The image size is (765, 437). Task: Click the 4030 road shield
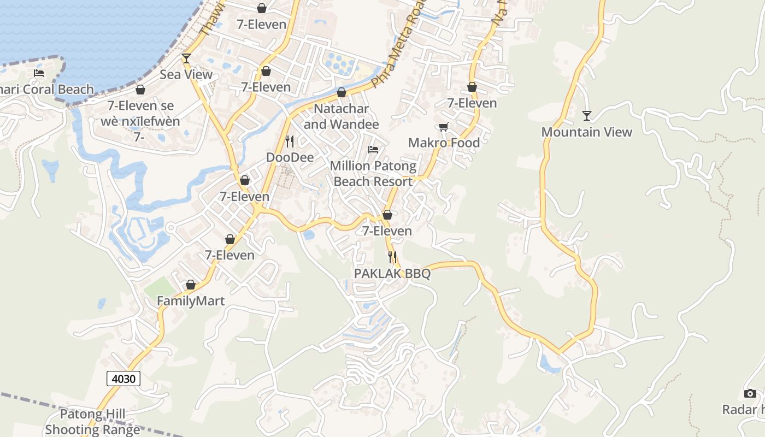[124, 379]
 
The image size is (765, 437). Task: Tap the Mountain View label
[586, 132]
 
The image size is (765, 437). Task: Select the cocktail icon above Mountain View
[587, 116]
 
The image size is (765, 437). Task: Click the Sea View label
[186, 75]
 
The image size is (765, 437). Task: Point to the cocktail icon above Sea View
[186, 58]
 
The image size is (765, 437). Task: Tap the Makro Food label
[444, 143]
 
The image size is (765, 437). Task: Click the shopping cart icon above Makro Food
[444, 127]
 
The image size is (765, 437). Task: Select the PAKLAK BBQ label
[392, 274]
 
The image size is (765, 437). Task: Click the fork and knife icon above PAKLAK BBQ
[392, 257]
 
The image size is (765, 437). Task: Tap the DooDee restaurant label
[290, 158]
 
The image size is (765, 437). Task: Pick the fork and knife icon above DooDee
[290, 141]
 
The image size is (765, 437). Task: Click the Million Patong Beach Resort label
[373, 174]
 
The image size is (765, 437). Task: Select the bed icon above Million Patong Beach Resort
[373, 149]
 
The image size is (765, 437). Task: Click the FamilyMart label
[191, 301]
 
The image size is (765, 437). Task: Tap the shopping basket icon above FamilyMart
[191, 285]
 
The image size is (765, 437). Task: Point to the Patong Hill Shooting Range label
[92, 422]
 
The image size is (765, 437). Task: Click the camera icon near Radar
[750, 393]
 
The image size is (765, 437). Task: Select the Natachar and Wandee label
[341, 117]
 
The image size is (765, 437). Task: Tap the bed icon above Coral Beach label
[39, 73]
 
